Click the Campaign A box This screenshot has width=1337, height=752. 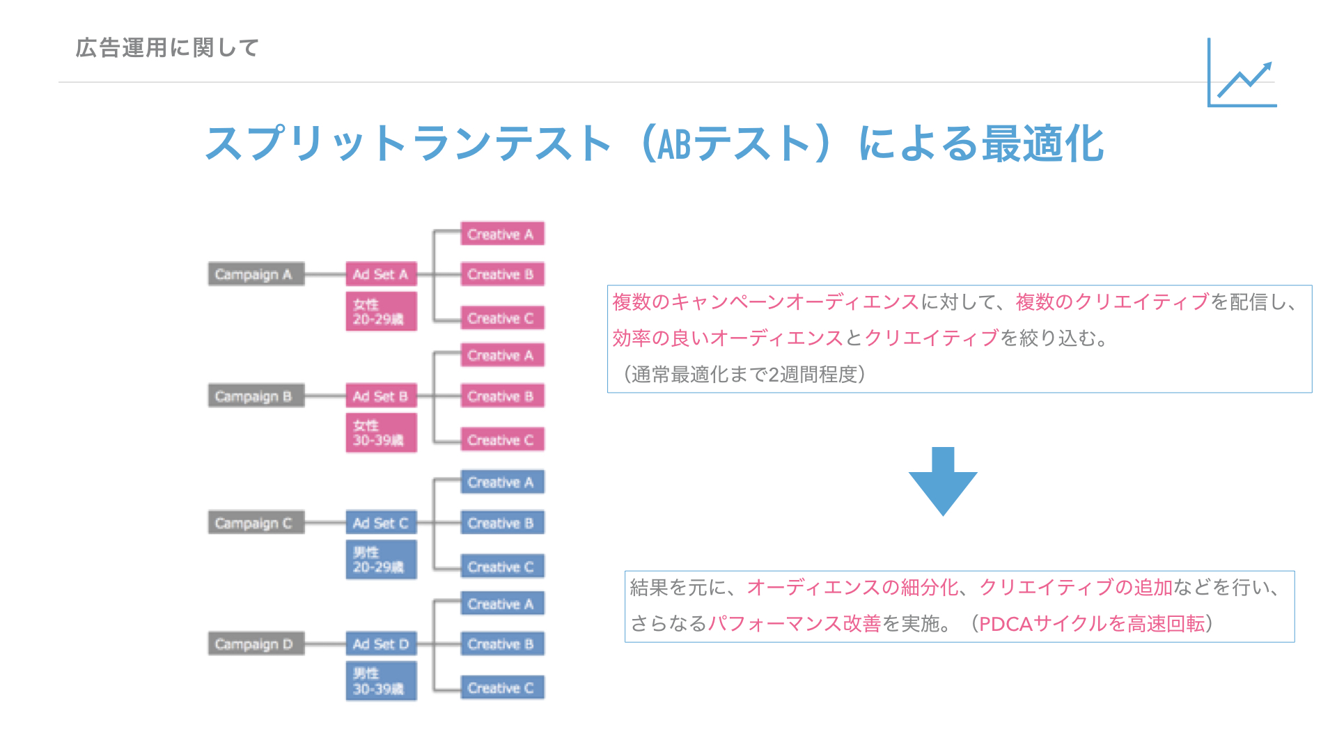(x=256, y=274)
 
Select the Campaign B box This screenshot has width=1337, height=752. (x=256, y=396)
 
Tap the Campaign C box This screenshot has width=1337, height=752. (x=256, y=523)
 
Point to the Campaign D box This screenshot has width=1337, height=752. (x=256, y=644)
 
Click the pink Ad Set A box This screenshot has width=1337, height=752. (x=381, y=274)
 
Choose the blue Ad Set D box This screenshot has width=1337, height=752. (x=381, y=644)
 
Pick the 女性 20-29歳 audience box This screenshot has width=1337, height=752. (x=381, y=311)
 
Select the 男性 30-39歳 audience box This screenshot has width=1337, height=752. (x=381, y=681)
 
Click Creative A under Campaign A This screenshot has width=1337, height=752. (x=501, y=234)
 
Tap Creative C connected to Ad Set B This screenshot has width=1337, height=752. (x=501, y=440)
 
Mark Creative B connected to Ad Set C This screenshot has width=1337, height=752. (x=501, y=523)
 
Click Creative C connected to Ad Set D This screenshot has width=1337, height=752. (x=501, y=688)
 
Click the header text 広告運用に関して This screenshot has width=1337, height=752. (x=167, y=48)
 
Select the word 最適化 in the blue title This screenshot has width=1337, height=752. (x=1042, y=144)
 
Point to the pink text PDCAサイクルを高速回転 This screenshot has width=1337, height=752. (x=1091, y=624)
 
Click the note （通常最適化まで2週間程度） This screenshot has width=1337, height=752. (x=744, y=375)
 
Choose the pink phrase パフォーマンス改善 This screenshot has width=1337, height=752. (x=795, y=624)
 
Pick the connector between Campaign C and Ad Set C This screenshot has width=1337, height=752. (x=325, y=523)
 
